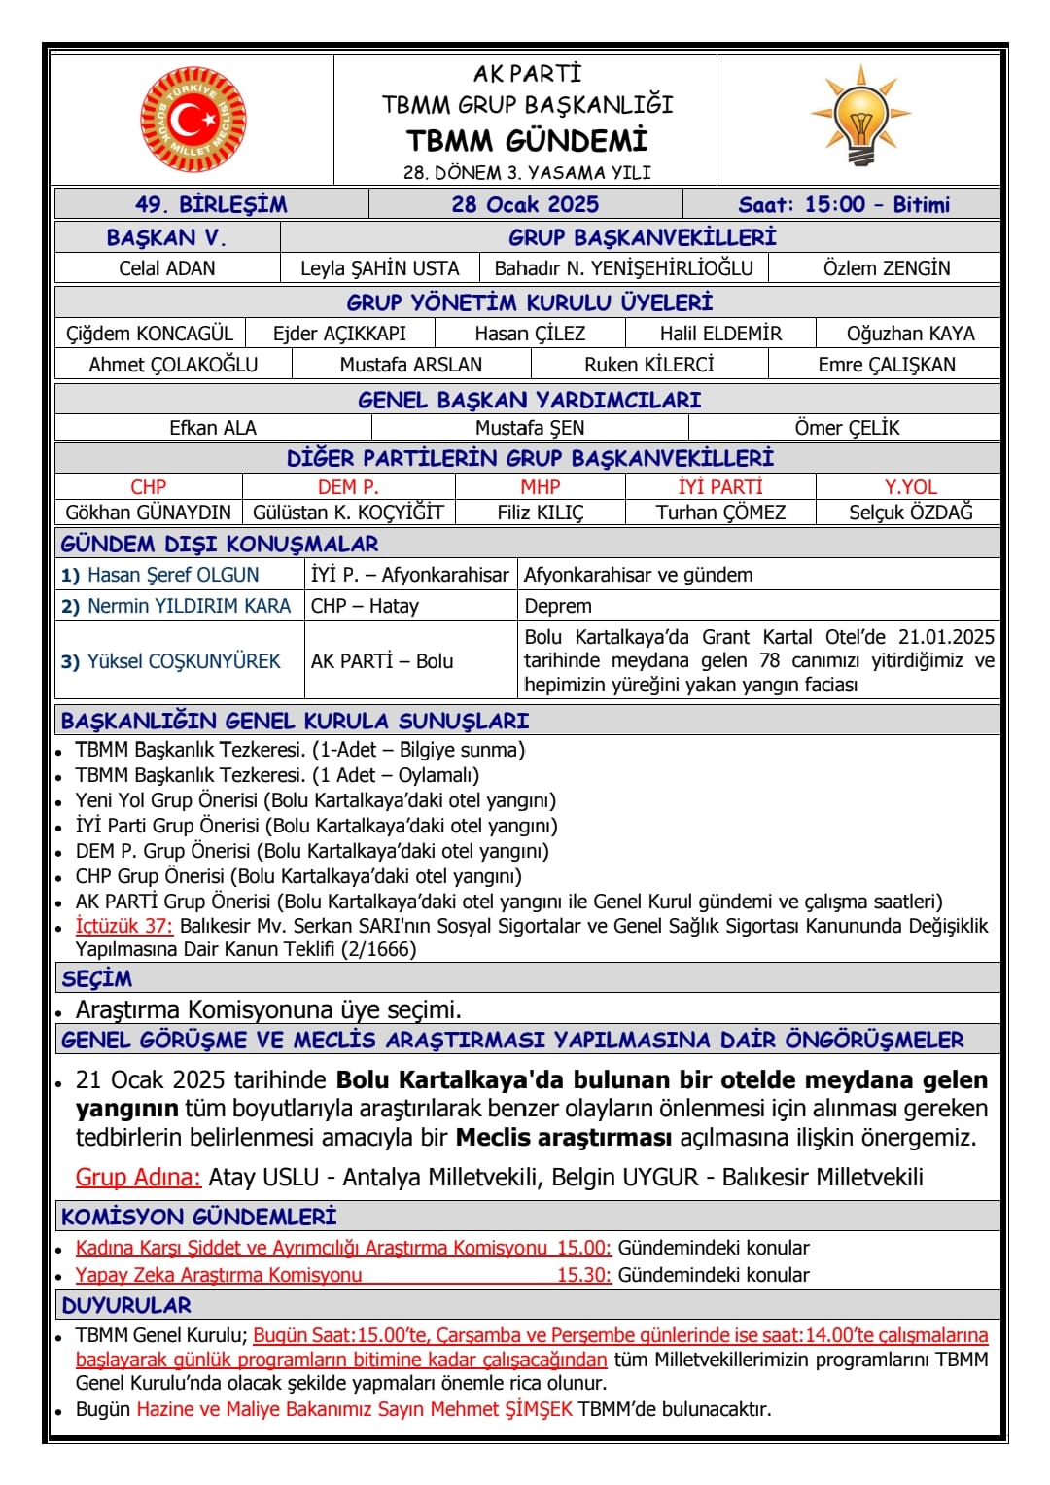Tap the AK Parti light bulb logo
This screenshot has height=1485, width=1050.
point(860,115)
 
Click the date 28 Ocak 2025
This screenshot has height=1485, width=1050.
point(525,204)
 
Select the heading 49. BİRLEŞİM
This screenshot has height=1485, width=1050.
point(211,204)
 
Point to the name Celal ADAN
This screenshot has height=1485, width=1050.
point(167,268)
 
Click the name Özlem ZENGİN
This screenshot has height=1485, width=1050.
point(887,268)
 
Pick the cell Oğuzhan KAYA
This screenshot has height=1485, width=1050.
point(910,334)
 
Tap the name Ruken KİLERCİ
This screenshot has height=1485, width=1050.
point(648,365)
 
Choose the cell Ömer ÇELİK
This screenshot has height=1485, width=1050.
point(847,428)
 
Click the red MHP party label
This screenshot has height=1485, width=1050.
point(540,487)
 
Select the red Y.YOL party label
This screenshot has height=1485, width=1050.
point(910,487)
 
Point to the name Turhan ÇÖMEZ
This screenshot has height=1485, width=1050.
point(720,513)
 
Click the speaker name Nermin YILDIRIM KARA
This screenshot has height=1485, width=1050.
point(189,606)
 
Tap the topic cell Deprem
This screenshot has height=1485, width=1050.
point(558,606)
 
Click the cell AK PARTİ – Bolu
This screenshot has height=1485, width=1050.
point(382,661)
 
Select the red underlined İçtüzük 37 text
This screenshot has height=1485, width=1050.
point(123,926)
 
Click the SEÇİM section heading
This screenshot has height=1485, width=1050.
point(96,978)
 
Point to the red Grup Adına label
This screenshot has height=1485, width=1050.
point(138,1178)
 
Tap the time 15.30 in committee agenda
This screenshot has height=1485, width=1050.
point(583,1275)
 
